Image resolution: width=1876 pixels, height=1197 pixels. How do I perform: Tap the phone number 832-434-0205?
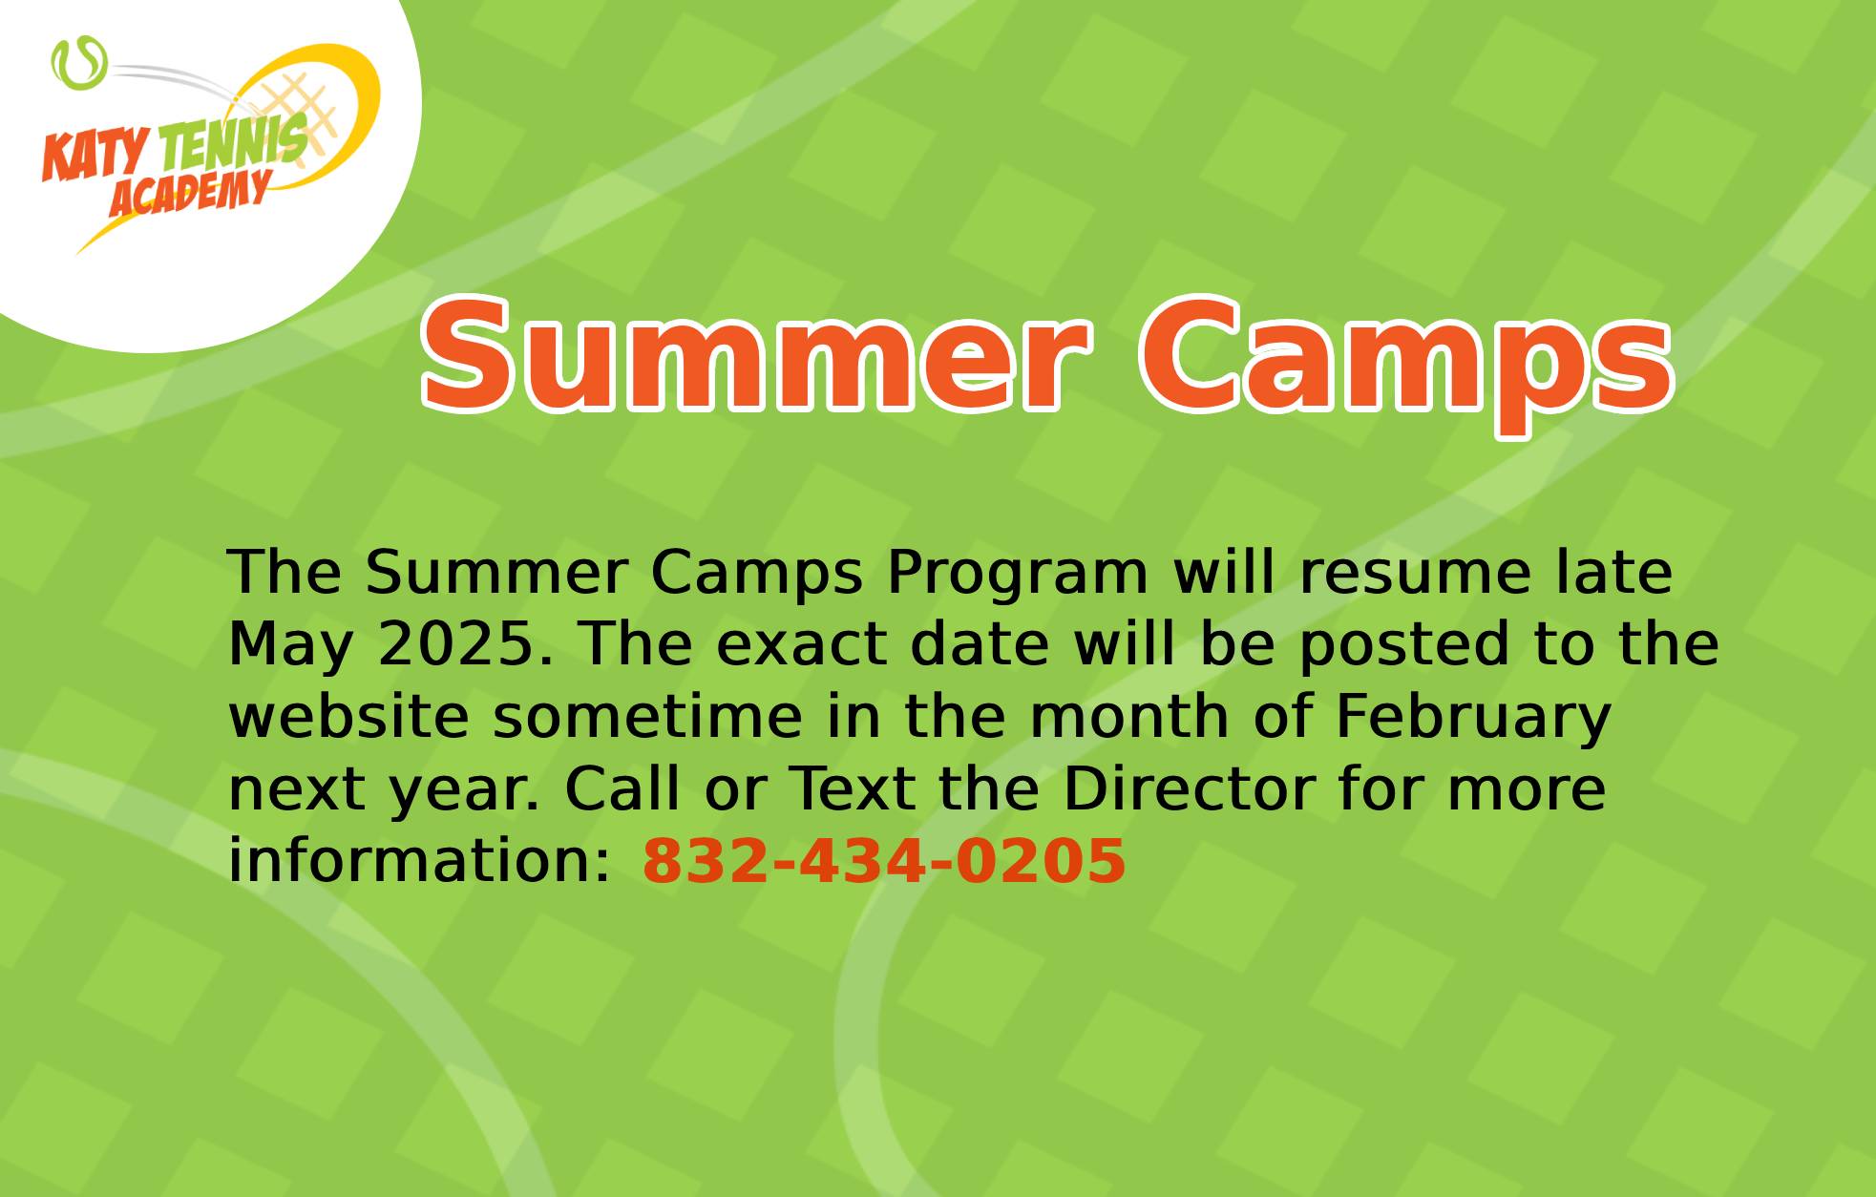point(884,860)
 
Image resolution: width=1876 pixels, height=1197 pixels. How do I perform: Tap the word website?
point(348,716)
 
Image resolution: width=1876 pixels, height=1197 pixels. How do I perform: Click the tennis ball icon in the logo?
point(78,64)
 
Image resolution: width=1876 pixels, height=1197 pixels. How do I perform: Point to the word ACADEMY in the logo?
point(189,195)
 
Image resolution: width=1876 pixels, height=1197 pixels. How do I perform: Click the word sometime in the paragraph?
point(647,716)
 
